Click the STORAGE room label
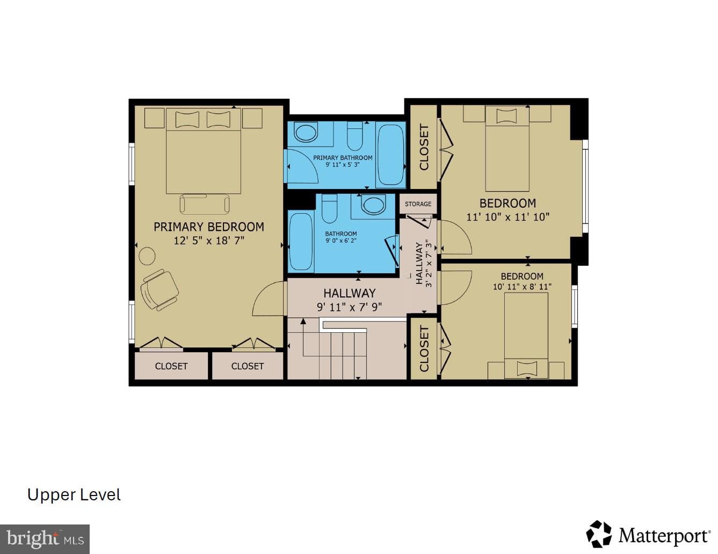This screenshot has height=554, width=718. (418, 204)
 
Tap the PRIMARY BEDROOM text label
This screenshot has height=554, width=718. (209, 227)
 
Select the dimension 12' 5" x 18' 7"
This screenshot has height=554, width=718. (209, 240)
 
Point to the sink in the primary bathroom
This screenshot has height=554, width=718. (306, 133)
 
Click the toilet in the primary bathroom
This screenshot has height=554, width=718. (356, 136)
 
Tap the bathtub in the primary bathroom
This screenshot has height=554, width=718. (390, 155)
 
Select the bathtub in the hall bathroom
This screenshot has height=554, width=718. (301, 242)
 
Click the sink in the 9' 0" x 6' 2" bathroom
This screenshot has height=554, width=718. (373, 204)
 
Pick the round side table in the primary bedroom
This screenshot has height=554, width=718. (147, 256)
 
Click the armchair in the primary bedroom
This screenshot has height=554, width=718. (159, 290)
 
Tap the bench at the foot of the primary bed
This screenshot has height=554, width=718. (205, 204)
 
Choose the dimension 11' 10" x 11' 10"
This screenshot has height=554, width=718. (508, 217)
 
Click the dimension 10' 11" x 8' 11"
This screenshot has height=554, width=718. (522, 287)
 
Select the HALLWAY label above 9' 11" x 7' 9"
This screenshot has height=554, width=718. (349, 293)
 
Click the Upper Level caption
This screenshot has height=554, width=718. (74, 495)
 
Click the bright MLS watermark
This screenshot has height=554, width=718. (45, 539)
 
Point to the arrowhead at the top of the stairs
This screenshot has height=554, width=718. (303, 320)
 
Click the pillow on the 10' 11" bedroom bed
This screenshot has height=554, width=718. (527, 368)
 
